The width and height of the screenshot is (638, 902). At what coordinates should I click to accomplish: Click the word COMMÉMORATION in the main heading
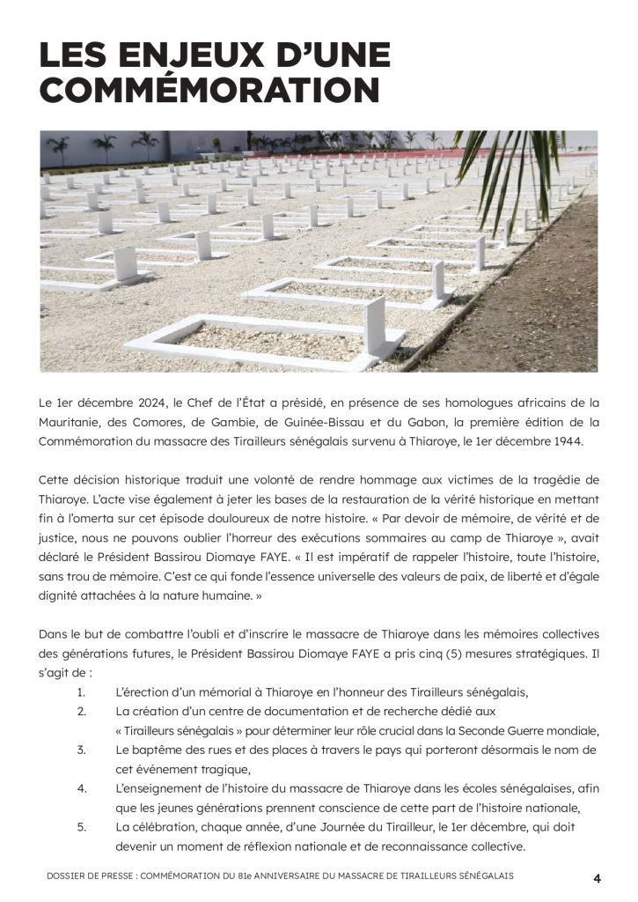(209, 92)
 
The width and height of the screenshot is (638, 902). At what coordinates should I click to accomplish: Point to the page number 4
(597, 877)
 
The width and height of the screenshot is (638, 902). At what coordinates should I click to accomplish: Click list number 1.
(81, 691)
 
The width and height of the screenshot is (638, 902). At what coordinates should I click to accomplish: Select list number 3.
(81, 749)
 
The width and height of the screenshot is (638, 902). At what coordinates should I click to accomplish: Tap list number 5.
(81, 828)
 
